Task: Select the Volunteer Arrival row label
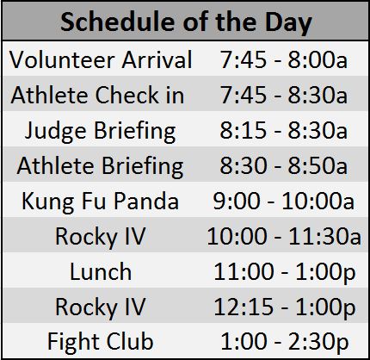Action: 101,59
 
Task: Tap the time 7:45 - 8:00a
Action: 284,59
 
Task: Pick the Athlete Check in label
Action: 97,95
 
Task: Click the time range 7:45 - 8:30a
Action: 284,95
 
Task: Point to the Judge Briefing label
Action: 101,132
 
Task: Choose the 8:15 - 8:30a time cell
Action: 284,130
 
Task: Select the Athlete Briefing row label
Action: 100,167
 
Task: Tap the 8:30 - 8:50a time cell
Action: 284,165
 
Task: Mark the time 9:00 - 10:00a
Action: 284,201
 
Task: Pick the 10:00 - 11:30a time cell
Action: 284,236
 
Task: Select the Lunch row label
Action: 101,271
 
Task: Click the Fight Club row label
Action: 101,343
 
